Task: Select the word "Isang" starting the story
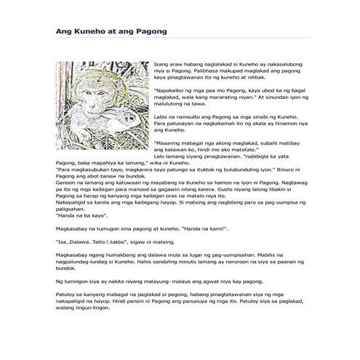(x=162, y=65)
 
